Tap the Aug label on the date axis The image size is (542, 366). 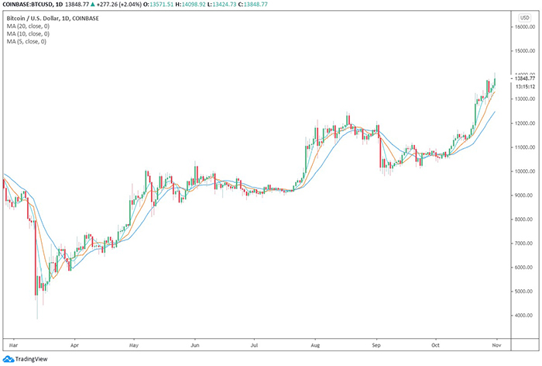point(315,341)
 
